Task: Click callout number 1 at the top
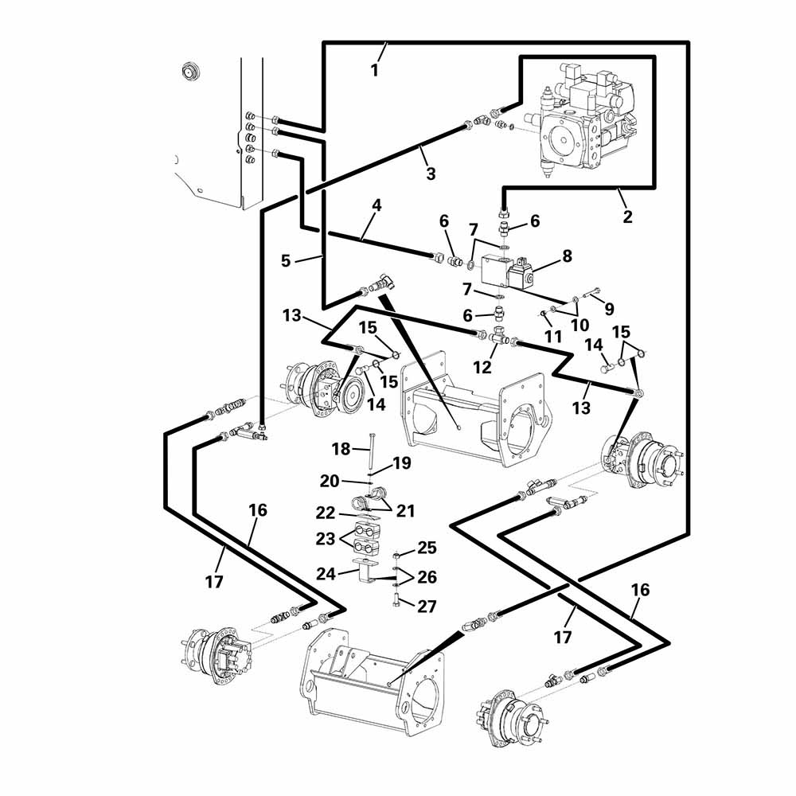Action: (374, 69)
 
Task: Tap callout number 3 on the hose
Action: (431, 174)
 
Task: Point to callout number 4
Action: (377, 205)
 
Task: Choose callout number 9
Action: (610, 307)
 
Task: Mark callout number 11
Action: (553, 337)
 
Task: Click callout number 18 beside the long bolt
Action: (341, 449)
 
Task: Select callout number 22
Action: (325, 513)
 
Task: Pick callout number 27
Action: (427, 607)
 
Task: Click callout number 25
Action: (427, 548)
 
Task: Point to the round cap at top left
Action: (189, 71)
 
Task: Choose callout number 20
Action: (330, 481)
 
